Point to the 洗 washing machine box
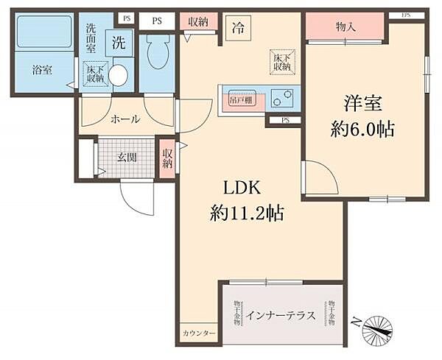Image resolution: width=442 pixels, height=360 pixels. pyautogui.click(x=119, y=43)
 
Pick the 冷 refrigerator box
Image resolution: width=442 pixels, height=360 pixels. pyautogui.click(x=238, y=28)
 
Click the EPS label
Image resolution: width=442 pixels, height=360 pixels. pyautogui.click(x=406, y=15)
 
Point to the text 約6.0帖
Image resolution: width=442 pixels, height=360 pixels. pyautogui.click(x=362, y=130)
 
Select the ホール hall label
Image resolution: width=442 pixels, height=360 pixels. pyautogui.click(x=125, y=119)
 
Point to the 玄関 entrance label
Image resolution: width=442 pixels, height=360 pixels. pyautogui.click(x=127, y=158)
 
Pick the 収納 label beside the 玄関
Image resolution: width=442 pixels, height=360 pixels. pyautogui.click(x=168, y=158)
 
